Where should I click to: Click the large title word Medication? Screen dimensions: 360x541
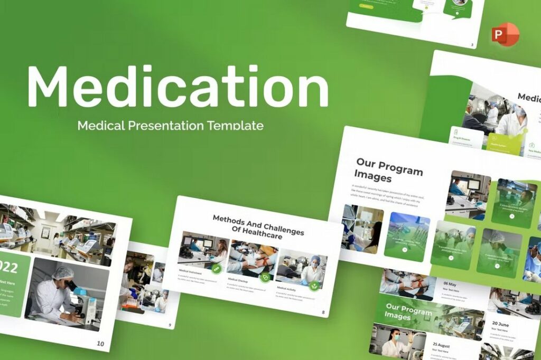(178, 86)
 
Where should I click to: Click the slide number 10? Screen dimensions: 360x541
(100, 344)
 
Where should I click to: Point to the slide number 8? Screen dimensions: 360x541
(323, 312)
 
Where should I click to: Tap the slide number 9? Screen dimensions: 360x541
(170, 325)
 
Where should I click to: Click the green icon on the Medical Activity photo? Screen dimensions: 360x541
(314, 286)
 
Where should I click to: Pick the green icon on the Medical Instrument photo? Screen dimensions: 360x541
(216, 268)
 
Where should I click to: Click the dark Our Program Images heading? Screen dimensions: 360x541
(388, 169)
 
